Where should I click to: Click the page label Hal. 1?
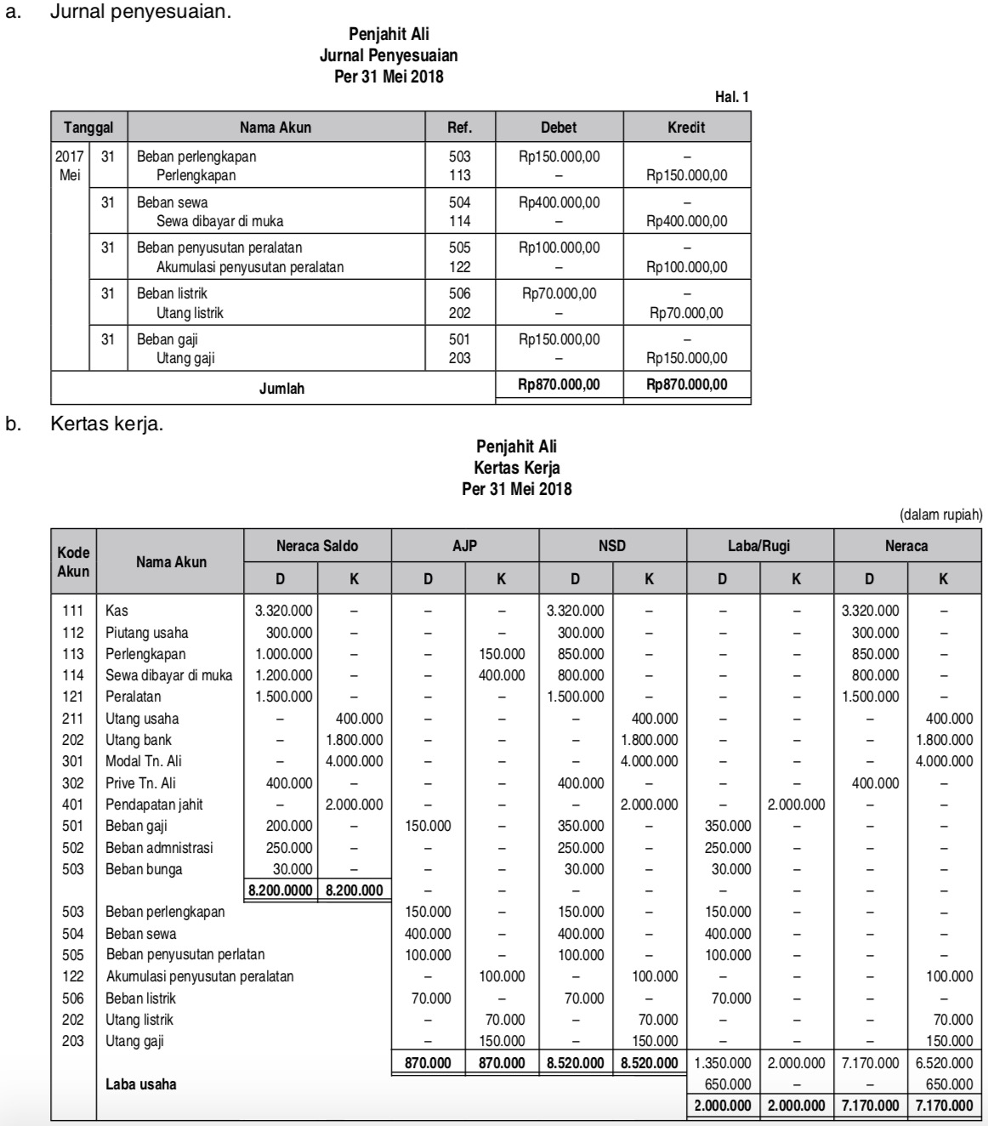click(731, 98)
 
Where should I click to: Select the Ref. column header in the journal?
click(459, 128)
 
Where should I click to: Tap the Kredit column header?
click(686, 128)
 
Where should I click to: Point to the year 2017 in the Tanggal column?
click(69, 157)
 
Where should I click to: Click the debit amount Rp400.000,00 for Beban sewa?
click(559, 202)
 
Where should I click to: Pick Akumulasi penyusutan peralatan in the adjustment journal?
click(250, 267)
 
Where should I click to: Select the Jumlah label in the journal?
click(281, 389)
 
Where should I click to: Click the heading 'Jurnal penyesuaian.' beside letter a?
click(140, 14)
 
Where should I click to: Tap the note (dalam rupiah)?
click(940, 515)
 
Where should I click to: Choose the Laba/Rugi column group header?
click(759, 546)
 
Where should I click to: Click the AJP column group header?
click(464, 546)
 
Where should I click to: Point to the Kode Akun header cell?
click(73, 562)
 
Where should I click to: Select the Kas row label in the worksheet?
click(116, 611)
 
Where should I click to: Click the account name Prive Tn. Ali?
click(140, 783)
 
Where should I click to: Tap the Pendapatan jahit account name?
click(154, 805)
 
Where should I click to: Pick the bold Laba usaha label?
click(141, 1084)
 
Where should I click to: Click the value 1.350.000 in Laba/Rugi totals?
click(723, 1063)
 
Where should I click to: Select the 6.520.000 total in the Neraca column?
click(944, 1063)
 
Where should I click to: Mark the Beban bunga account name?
click(144, 869)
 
